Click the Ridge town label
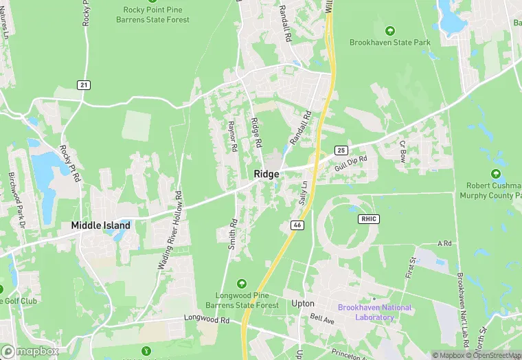pos(266,174)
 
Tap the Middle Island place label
pos(101,225)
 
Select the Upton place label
pos(303,303)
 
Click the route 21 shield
pos(84,85)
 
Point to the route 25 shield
pos(341,150)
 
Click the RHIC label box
pos(368,218)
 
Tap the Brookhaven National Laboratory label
pos(375,313)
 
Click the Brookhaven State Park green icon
pos(390,30)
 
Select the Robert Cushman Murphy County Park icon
pos(496,174)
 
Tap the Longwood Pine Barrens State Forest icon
pos(241,283)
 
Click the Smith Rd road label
pos(234,234)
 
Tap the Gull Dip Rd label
pos(351,162)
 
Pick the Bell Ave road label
pos(321,319)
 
